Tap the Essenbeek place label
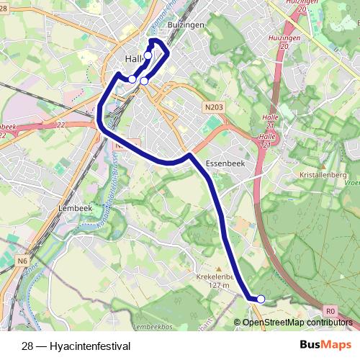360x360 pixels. tap(222, 163)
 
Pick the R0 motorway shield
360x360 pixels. tap(330, 310)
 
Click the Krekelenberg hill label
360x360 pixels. tap(214, 276)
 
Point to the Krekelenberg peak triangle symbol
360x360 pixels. tap(220, 267)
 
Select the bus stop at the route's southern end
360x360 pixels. tap(261, 299)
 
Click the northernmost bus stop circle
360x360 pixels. tap(148, 55)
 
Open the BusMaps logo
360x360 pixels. tap(320, 345)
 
